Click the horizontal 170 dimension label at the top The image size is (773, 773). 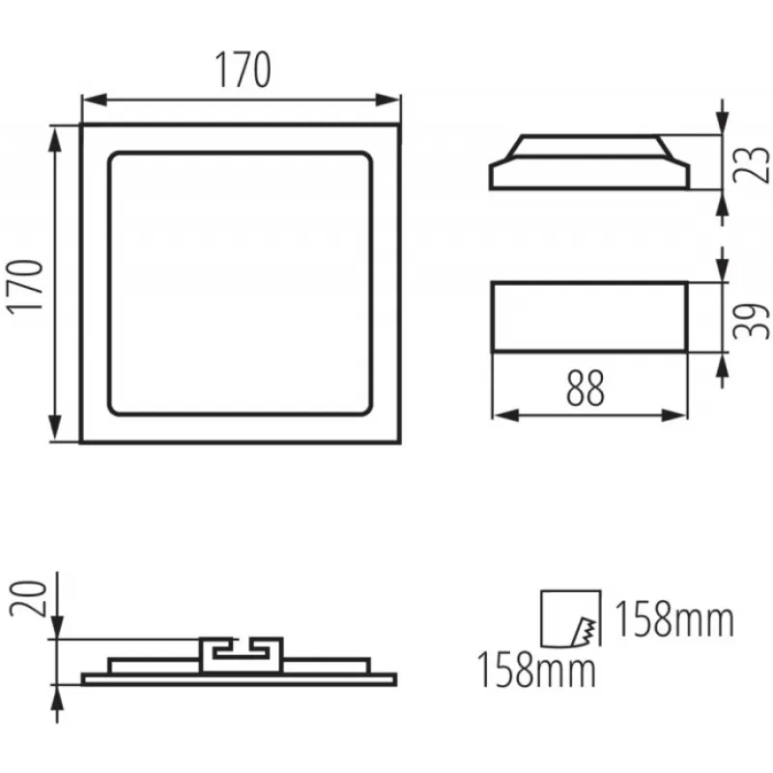(x=243, y=70)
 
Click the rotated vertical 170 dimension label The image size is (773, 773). (x=25, y=287)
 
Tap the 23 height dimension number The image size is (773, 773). (x=752, y=165)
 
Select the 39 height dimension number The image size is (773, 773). (x=752, y=321)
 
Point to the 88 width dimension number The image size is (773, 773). (x=586, y=388)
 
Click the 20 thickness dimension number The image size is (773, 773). (x=28, y=598)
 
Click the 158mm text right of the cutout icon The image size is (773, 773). (x=674, y=619)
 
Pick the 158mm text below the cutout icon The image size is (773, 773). (x=537, y=670)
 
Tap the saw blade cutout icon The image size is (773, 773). (x=571, y=618)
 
